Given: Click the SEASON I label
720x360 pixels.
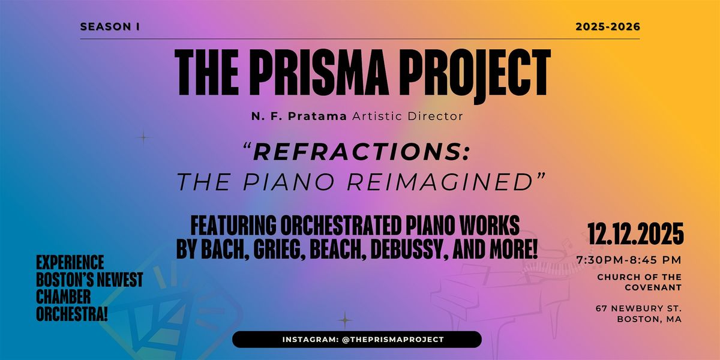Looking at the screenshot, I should pos(110,26).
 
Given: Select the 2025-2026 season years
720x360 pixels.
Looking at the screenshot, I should pos(608,26).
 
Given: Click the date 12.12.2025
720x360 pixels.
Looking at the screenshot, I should pos(636,232).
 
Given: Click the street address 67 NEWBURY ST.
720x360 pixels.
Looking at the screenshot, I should pos(638,308).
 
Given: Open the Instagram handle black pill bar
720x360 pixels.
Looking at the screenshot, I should pos(356,340).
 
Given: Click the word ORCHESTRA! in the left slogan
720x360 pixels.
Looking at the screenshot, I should pos(72,314).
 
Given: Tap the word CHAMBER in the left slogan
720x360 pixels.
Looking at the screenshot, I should pos(64,297).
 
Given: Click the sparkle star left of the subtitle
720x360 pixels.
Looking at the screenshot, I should pos(143,137).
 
